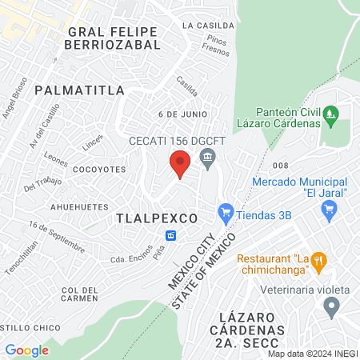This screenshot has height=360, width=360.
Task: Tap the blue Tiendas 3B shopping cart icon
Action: click(x=225, y=214)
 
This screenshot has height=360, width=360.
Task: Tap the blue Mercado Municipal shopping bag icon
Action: click(x=328, y=210)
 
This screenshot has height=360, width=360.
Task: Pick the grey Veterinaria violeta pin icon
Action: click(x=331, y=306)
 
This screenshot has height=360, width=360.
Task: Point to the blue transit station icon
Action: click(x=170, y=235)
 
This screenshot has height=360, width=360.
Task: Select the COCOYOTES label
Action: click(x=99, y=170)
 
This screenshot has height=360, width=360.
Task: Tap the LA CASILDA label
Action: click(x=208, y=26)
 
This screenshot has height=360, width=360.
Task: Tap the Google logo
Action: click(x=26, y=350)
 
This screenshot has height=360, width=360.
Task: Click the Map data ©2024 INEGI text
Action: click(x=312, y=354)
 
